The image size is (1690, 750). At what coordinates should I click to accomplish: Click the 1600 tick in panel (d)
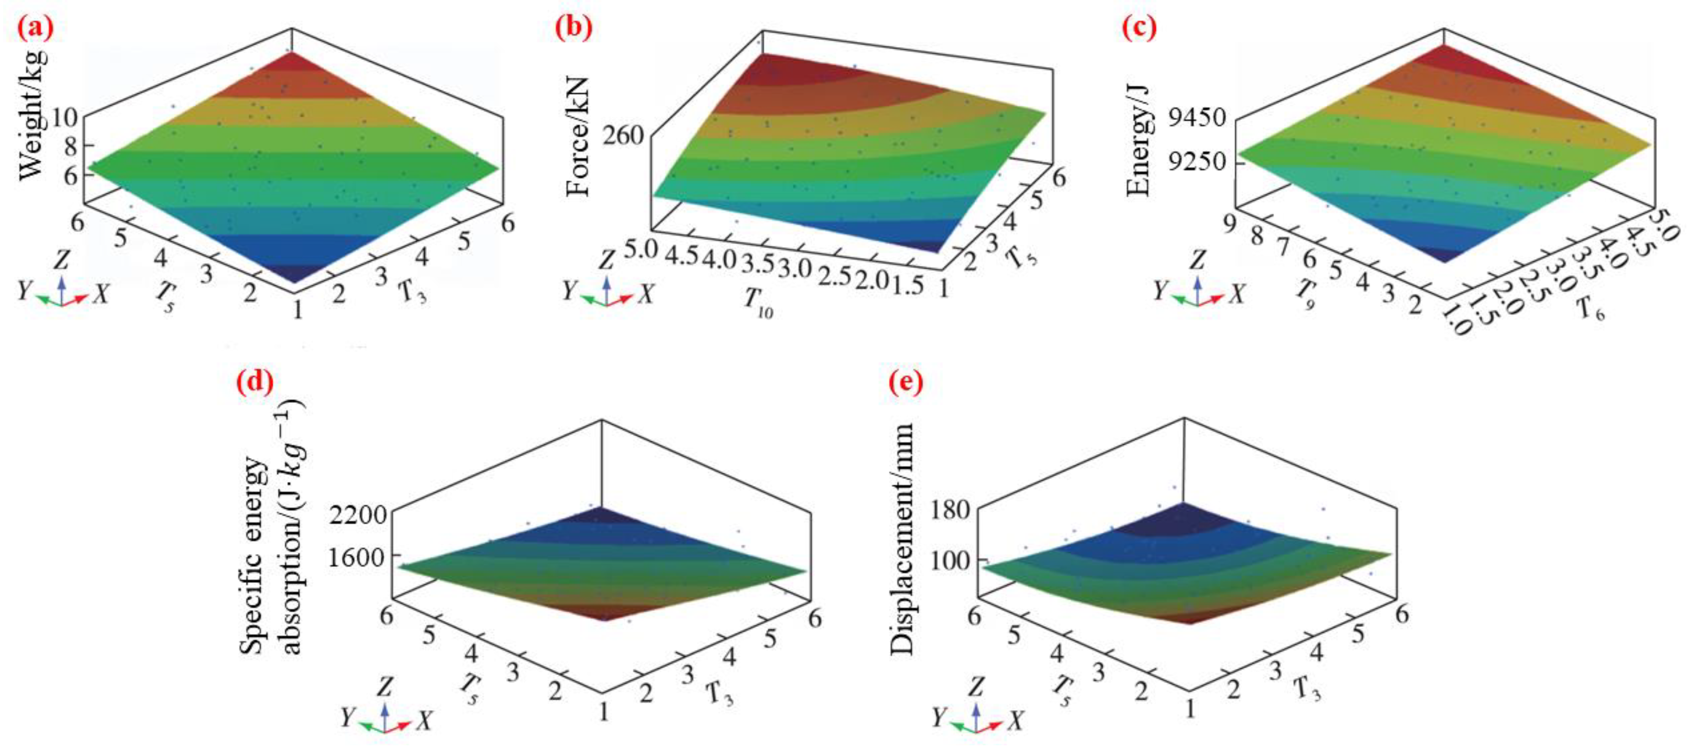tap(358, 557)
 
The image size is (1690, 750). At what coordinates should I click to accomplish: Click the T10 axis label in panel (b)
tap(758, 303)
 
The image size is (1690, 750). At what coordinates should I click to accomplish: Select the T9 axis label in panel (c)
tap(1304, 295)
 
